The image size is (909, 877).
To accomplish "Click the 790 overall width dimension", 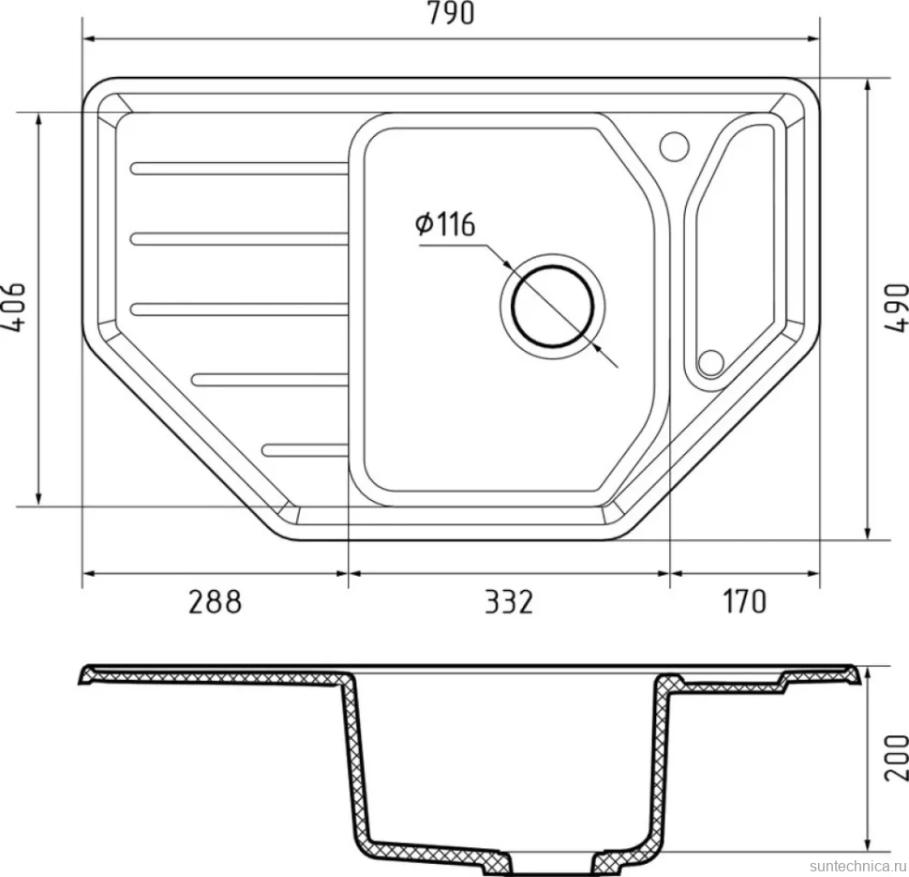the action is tap(451, 14).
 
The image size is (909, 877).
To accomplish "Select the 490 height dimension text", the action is tap(896, 308).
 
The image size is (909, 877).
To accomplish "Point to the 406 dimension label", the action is tap(14, 307).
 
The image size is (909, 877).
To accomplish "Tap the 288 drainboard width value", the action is tap(215, 602).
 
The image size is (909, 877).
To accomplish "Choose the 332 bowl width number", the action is tap(508, 602).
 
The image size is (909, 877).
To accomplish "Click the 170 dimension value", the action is tap(744, 602).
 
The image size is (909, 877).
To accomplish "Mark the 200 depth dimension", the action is tap(896, 758).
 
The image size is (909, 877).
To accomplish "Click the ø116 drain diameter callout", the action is tap(445, 224).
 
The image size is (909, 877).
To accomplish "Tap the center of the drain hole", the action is tap(553, 306).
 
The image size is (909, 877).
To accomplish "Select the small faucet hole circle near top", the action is tap(674, 145).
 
